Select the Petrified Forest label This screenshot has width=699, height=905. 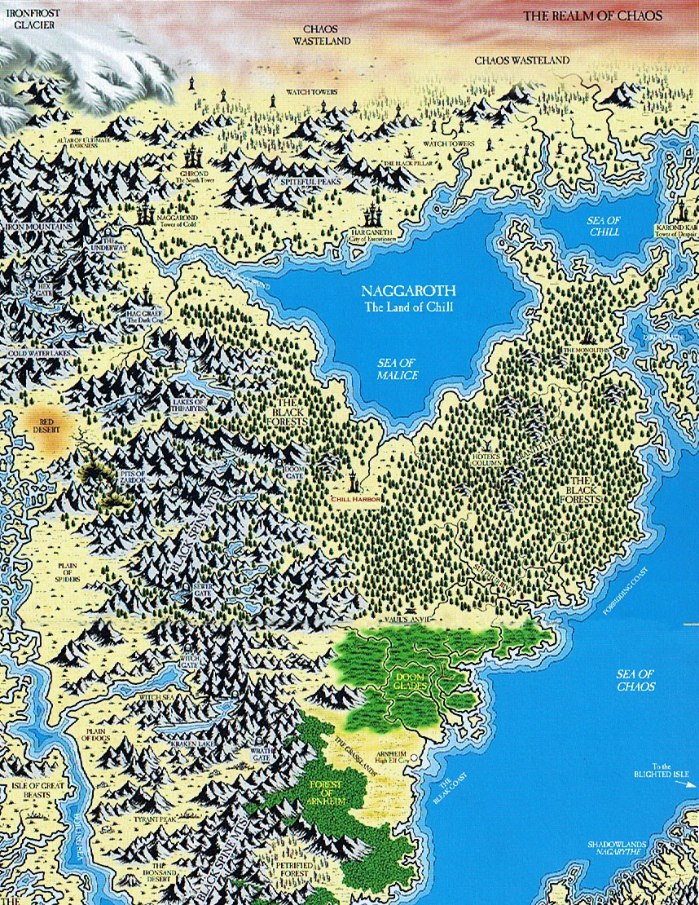click(x=291, y=864)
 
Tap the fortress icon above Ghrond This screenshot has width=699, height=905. click(x=194, y=156)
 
